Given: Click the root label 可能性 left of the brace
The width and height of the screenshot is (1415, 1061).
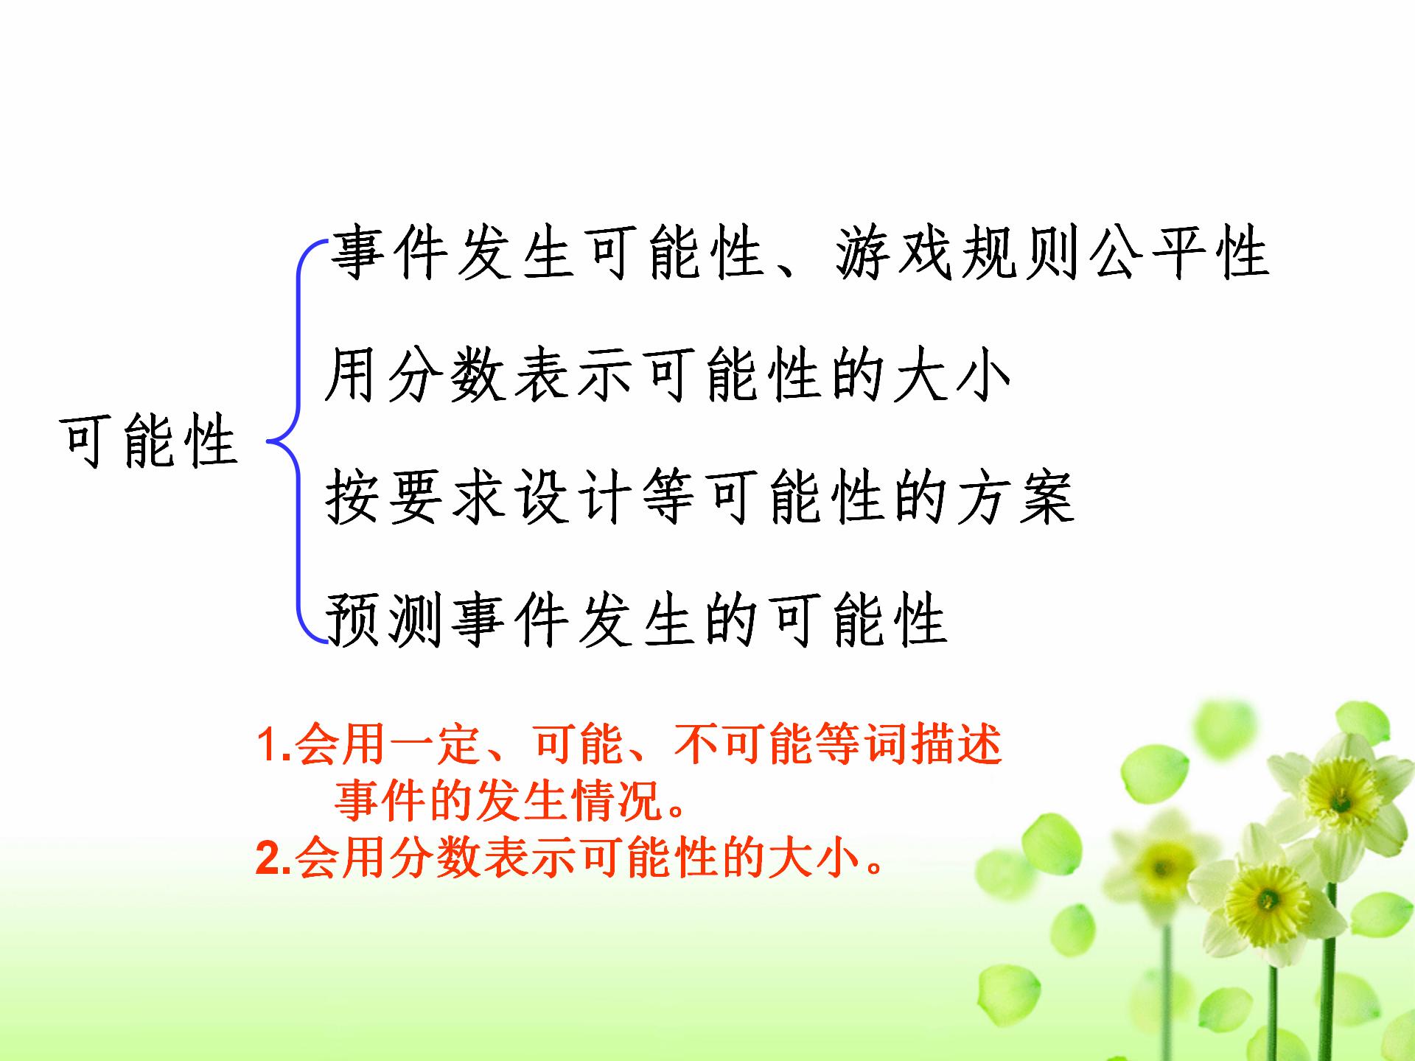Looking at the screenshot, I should coord(150,441).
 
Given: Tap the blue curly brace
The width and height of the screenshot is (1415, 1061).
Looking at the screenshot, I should coord(298,441).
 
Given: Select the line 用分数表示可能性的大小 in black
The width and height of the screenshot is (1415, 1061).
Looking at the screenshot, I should coord(668,375).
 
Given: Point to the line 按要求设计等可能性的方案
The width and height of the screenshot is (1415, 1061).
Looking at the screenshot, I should coord(699,497).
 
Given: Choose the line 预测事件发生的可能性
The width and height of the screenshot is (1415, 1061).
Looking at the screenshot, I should coord(636,620).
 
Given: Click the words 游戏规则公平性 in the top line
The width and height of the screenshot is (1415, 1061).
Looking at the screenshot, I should coord(1052,253).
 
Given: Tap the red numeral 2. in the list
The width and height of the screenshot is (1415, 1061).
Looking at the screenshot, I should coord(274,858).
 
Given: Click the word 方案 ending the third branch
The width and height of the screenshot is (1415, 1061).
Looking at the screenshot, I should coord(1014,497).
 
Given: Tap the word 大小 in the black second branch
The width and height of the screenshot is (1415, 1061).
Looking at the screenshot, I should coord(951,375).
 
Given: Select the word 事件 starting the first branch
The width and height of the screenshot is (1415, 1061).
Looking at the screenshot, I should coord(389,253).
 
